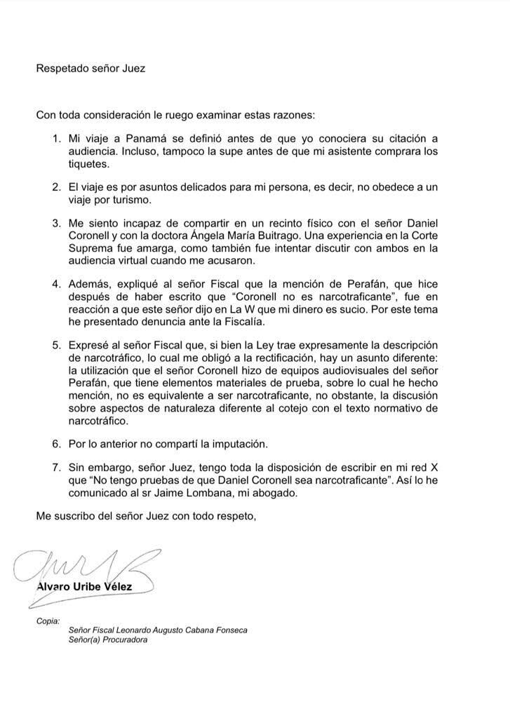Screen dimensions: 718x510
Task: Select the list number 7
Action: (x=58, y=467)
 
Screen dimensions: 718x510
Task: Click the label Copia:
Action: (x=48, y=621)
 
